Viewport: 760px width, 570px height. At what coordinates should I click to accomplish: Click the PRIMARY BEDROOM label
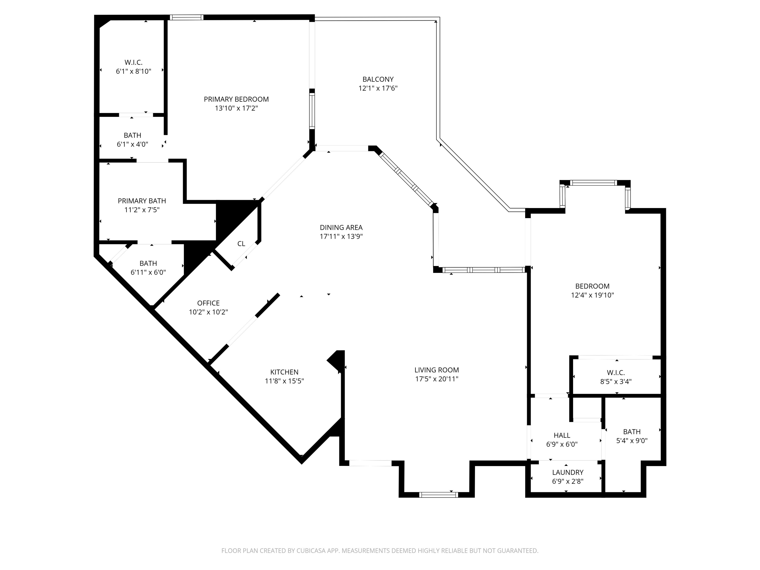pos(236,99)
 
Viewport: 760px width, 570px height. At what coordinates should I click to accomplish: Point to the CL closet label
pos(241,244)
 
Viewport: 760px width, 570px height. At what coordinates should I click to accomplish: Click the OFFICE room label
pos(208,303)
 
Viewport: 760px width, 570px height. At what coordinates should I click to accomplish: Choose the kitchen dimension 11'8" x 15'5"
pos(284,381)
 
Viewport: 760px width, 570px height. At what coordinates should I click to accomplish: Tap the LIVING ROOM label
pos(436,370)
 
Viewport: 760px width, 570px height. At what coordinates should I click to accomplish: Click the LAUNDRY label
pos(568,472)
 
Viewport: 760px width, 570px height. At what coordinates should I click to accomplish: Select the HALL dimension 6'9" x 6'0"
pos(562,444)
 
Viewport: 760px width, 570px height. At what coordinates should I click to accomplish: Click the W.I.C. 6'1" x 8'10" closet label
pos(133,63)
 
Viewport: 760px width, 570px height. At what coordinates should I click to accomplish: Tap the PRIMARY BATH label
pos(142,201)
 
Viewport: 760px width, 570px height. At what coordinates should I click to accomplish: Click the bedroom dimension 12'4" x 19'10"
pos(592,295)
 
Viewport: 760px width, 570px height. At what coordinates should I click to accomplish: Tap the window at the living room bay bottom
pos(439,495)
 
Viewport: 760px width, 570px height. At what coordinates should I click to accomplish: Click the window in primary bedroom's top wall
pos(186,17)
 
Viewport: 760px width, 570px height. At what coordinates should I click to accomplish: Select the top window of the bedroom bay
pos(593,183)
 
